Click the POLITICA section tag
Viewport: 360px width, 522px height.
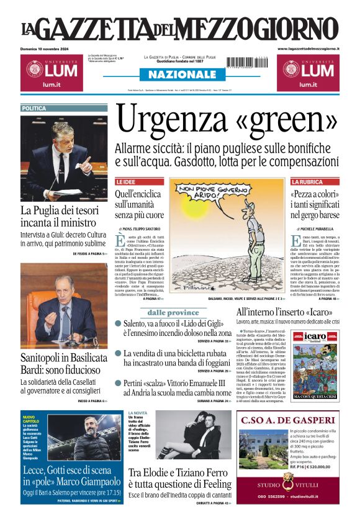pos(34,108)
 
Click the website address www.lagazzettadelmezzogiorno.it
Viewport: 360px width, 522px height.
pos(308,48)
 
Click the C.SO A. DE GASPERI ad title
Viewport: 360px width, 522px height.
pos(289,420)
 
